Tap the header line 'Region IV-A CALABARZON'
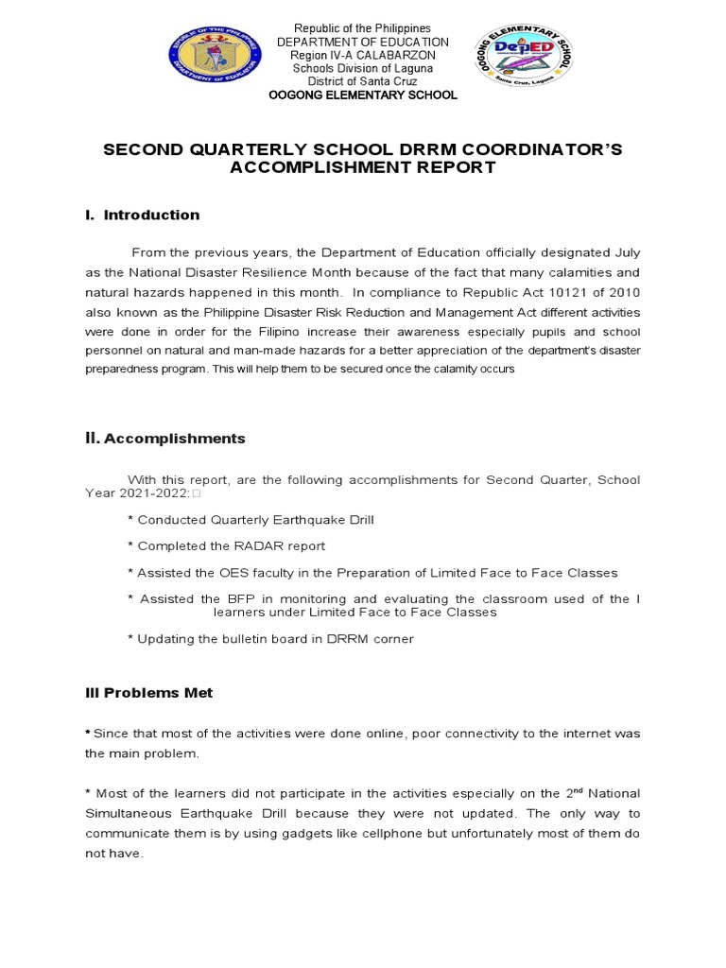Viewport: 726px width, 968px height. [363, 56]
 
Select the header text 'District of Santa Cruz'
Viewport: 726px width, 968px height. [363, 81]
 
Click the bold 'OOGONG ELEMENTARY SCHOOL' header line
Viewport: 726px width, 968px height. [363, 95]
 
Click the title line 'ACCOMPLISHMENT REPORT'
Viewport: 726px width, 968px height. [363, 168]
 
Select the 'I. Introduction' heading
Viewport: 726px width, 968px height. [143, 216]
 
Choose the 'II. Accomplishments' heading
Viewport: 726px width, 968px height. [165, 439]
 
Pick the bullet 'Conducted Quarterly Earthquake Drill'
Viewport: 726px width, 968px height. [256, 520]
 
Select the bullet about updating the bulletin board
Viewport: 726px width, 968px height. [270, 639]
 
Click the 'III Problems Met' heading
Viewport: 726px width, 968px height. [149, 693]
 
